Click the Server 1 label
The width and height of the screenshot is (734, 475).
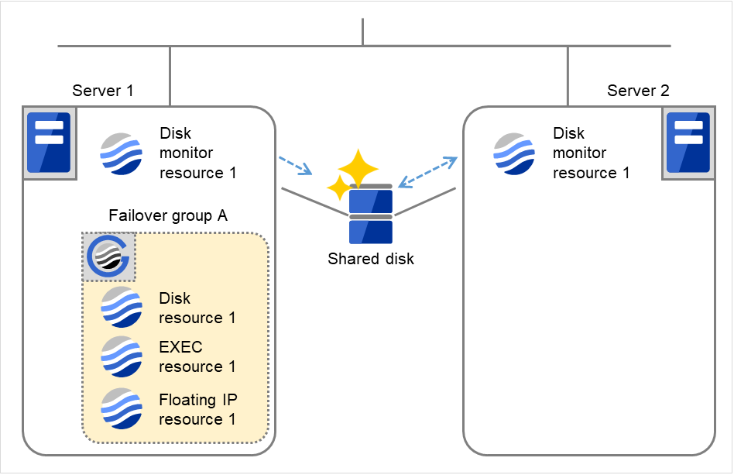103,91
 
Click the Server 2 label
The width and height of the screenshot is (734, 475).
638,91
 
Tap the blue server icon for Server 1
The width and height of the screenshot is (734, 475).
49,143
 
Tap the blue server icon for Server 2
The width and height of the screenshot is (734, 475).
688,143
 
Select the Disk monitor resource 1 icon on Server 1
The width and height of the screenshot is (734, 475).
122,153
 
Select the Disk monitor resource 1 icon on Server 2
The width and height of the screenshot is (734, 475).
514,153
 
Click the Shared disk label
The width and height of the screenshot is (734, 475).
371,259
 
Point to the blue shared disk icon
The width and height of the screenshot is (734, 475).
371,215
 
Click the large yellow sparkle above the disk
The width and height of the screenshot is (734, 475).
359,167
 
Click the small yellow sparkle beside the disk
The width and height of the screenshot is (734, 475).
338,188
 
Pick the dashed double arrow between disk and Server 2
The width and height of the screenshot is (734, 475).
427,172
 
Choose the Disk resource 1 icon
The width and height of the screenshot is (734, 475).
122,308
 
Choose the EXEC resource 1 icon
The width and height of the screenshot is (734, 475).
122,356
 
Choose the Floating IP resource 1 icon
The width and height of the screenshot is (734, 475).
122,408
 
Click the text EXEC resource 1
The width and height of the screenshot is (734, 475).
197,356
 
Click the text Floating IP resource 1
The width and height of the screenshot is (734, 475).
198,410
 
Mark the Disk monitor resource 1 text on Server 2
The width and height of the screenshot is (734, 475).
591,153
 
